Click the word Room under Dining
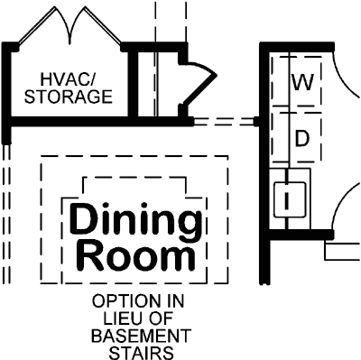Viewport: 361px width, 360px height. [x=134, y=257]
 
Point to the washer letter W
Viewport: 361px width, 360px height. [x=303, y=83]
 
